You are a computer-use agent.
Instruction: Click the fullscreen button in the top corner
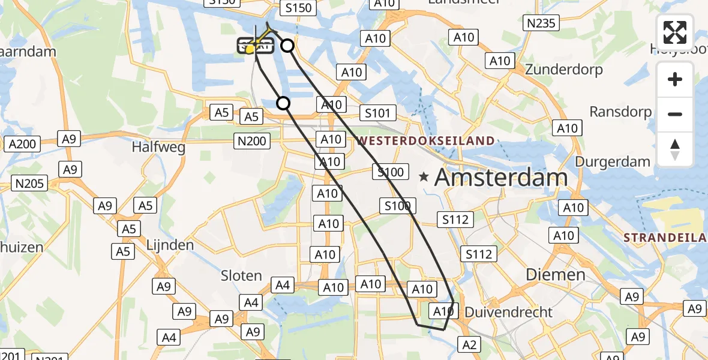[x=675, y=32]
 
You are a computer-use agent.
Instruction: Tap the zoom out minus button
[x=675, y=114]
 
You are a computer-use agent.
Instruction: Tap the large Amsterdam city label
[x=500, y=177]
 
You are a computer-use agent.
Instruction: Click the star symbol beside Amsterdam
[x=424, y=177]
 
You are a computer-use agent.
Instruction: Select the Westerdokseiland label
[x=426, y=141]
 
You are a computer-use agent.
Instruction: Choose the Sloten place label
[x=242, y=276]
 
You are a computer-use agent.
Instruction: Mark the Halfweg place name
[x=158, y=147]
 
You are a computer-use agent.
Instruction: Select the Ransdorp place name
[x=620, y=112]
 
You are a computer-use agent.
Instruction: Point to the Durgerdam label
[x=613, y=161]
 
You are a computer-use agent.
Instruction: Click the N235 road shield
[x=541, y=23]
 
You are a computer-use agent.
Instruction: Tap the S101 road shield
[x=378, y=113]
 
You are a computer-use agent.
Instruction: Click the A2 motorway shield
[x=470, y=344]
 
